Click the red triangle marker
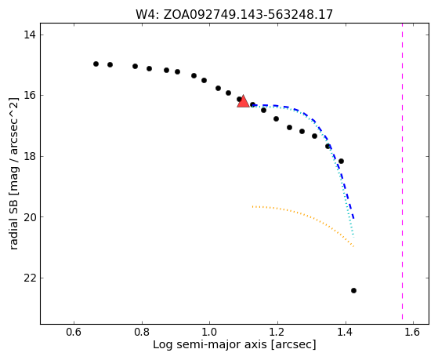[x=244, y=101]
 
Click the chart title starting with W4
[x=234, y=15]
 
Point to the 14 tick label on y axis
[x=30, y=35]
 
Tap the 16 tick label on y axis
[x=30, y=96]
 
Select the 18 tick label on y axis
[x=30, y=156]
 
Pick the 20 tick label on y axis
[x=30, y=217]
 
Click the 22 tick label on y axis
[x=30, y=278]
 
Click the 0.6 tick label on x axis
[x=74, y=332]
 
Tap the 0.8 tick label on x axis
[x=142, y=332]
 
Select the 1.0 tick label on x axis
[x=209, y=332]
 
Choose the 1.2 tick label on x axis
[x=277, y=332]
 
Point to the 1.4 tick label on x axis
[x=346, y=332]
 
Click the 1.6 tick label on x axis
[x=413, y=332]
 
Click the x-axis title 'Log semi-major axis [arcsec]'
[x=234, y=345]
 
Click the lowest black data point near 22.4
[x=353, y=291]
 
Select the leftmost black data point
[x=96, y=64]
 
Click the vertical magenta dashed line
[x=402, y=171]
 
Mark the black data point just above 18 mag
[x=341, y=161]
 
